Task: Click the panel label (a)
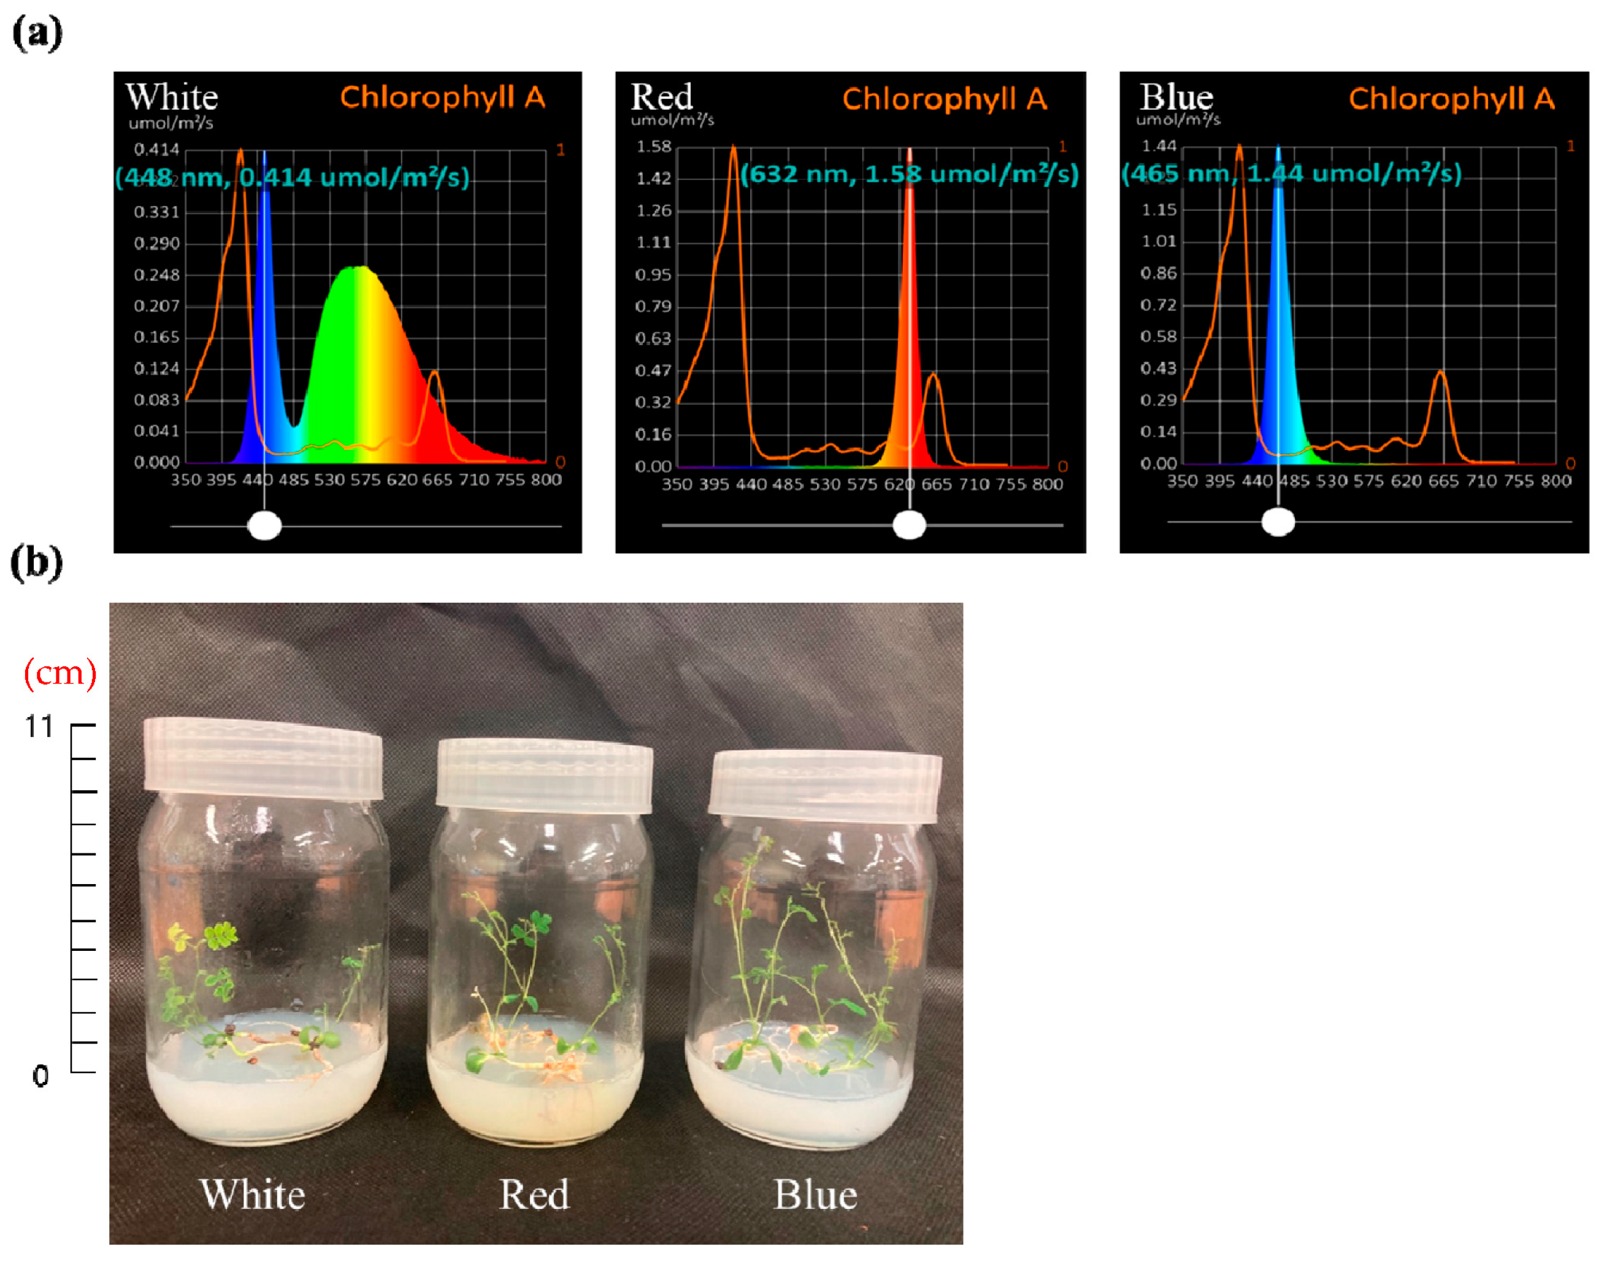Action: coord(37,33)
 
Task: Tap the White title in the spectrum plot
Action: coord(171,97)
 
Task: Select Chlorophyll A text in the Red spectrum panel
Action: coord(944,99)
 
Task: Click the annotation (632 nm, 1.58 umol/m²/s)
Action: coord(909,174)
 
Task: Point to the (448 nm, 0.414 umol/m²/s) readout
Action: coord(292,177)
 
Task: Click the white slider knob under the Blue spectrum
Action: coord(1278,522)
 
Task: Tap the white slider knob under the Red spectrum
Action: coord(909,525)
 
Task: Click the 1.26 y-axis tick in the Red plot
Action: coord(653,210)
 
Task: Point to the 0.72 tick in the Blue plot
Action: coord(1158,305)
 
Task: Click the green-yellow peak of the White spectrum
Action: coord(359,270)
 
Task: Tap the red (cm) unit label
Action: coord(60,673)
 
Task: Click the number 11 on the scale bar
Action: coord(39,727)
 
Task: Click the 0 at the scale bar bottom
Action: coord(40,1075)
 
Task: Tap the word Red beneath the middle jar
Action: coord(534,1194)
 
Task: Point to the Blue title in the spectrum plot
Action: coord(1176,97)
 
